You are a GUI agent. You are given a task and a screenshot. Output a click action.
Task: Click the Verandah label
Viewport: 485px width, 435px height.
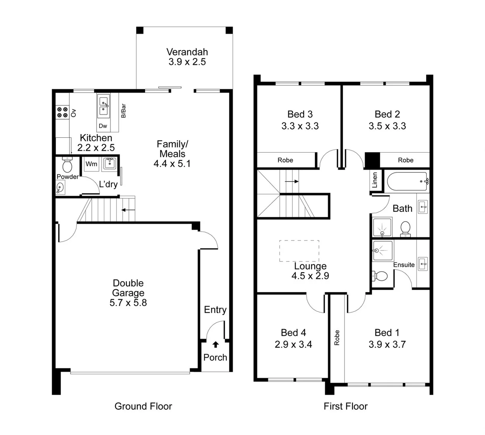coord(187,52)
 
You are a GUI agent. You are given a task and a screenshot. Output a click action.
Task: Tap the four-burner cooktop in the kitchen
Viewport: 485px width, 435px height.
coord(62,112)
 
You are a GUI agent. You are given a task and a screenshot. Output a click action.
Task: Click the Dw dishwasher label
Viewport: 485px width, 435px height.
coord(103,126)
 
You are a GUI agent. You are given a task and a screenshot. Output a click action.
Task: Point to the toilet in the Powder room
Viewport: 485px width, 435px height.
coord(67,165)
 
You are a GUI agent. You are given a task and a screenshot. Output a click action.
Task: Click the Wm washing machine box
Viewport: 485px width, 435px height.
coord(91,164)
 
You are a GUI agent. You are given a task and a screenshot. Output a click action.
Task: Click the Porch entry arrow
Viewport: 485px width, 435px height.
coord(216,344)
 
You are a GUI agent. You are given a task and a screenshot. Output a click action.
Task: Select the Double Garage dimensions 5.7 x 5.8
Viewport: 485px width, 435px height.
coord(128,303)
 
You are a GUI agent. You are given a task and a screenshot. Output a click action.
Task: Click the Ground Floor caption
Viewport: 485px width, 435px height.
coord(143,406)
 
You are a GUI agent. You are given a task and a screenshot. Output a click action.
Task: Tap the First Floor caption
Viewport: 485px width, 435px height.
coord(346,406)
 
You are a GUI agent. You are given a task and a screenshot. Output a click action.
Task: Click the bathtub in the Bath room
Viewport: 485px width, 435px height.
coord(407,182)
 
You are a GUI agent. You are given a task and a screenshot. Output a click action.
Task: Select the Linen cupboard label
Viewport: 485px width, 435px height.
coord(375,180)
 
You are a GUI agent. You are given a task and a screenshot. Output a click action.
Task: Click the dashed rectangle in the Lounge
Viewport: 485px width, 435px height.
coord(299,251)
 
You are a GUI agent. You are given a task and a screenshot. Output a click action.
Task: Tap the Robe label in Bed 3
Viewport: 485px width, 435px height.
coord(285,160)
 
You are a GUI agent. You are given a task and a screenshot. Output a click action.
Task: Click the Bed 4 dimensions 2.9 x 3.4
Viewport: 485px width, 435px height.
coord(293,344)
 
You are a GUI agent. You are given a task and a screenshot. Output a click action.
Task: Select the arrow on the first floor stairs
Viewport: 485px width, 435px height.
coord(292,181)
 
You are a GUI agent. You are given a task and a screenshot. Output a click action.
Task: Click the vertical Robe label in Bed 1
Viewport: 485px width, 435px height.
coord(337,338)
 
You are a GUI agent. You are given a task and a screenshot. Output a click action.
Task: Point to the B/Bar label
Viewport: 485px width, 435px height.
coord(123,111)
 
